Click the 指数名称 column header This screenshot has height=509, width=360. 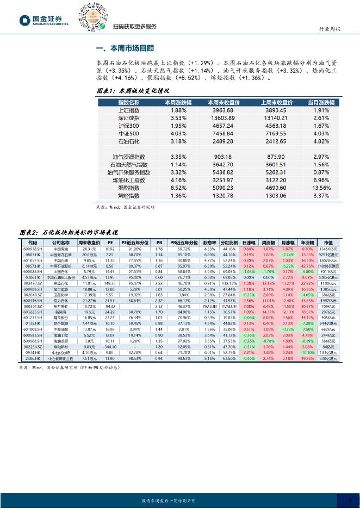point(129,103)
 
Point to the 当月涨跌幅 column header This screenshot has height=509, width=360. point(321,103)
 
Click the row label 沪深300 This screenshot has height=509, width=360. point(129,126)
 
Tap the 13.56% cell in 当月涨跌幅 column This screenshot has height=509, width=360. point(321,188)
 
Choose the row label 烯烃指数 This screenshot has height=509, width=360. point(129,195)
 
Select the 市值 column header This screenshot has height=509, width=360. point(328,243)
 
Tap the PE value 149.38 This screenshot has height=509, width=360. point(110,283)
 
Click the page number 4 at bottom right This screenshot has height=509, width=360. point(349,501)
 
